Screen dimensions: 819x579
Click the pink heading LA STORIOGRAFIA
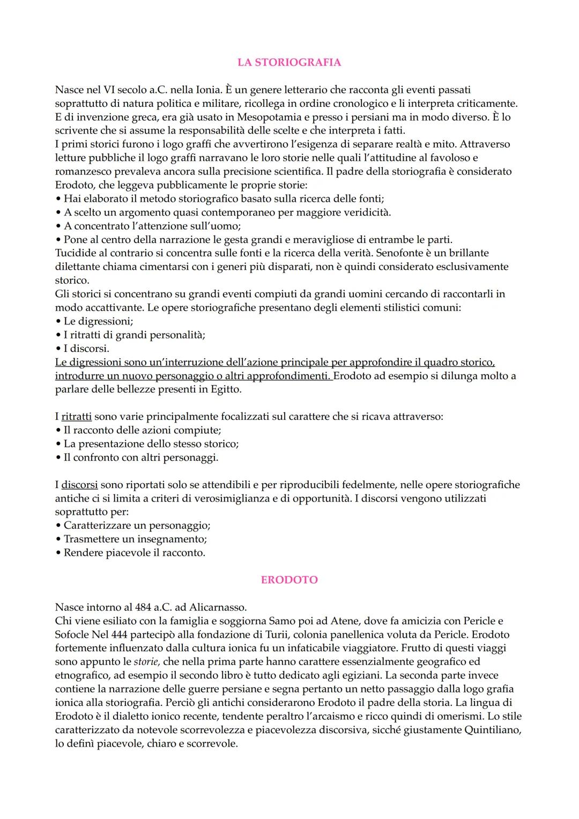[x=289, y=62]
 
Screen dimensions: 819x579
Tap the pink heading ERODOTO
[x=289, y=580]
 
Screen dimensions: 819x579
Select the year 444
[x=121, y=634]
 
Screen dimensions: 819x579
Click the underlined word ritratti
[x=76, y=417]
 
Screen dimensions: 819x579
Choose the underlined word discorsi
[x=79, y=485]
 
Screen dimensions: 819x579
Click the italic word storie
[x=146, y=662]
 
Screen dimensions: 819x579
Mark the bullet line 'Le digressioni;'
[x=98, y=321]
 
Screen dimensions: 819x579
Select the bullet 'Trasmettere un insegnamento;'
[x=135, y=539]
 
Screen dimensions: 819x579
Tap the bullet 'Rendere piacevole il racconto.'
[x=134, y=553]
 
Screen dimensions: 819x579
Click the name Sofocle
[x=73, y=634]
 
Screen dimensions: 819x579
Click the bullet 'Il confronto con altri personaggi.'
[x=140, y=458]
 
